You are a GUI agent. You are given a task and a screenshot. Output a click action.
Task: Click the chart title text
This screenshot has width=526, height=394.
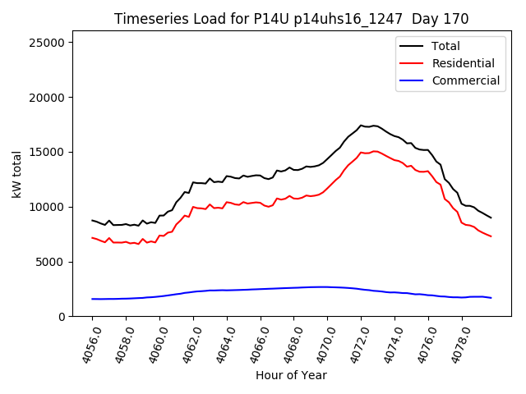tap(291, 19)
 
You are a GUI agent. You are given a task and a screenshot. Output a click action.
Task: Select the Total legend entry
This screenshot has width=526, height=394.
tap(445, 46)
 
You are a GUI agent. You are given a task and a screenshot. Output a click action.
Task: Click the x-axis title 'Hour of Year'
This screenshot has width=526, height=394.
tap(291, 375)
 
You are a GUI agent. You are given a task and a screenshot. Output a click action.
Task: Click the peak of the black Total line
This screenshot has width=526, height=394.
tap(361, 126)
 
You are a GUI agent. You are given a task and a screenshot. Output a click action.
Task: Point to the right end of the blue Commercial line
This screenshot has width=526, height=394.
tap(491, 298)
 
